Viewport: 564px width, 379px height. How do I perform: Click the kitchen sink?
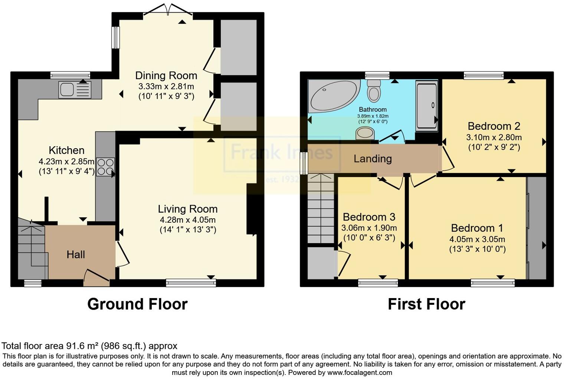click(x=75, y=90)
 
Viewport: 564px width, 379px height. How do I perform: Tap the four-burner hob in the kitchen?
click(x=105, y=167)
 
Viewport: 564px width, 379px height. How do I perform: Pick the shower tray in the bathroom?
click(x=426, y=106)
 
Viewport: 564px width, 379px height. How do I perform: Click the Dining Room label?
click(x=166, y=76)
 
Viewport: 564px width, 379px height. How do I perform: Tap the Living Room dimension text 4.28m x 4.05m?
click(x=187, y=219)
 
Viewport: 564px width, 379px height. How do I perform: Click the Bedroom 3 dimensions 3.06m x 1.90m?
click(x=369, y=228)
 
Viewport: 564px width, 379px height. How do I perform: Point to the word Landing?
click(x=373, y=159)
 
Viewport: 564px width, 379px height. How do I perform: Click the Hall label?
click(x=76, y=255)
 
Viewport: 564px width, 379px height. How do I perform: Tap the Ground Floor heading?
click(x=137, y=304)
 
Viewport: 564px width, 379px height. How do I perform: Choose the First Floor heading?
click(x=426, y=304)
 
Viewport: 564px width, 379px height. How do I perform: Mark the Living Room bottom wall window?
click(x=191, y=283)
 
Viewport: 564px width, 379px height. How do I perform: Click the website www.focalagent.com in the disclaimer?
click(x=359, y=372)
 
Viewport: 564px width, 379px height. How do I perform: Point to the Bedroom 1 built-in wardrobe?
click(x=537, y=228)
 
